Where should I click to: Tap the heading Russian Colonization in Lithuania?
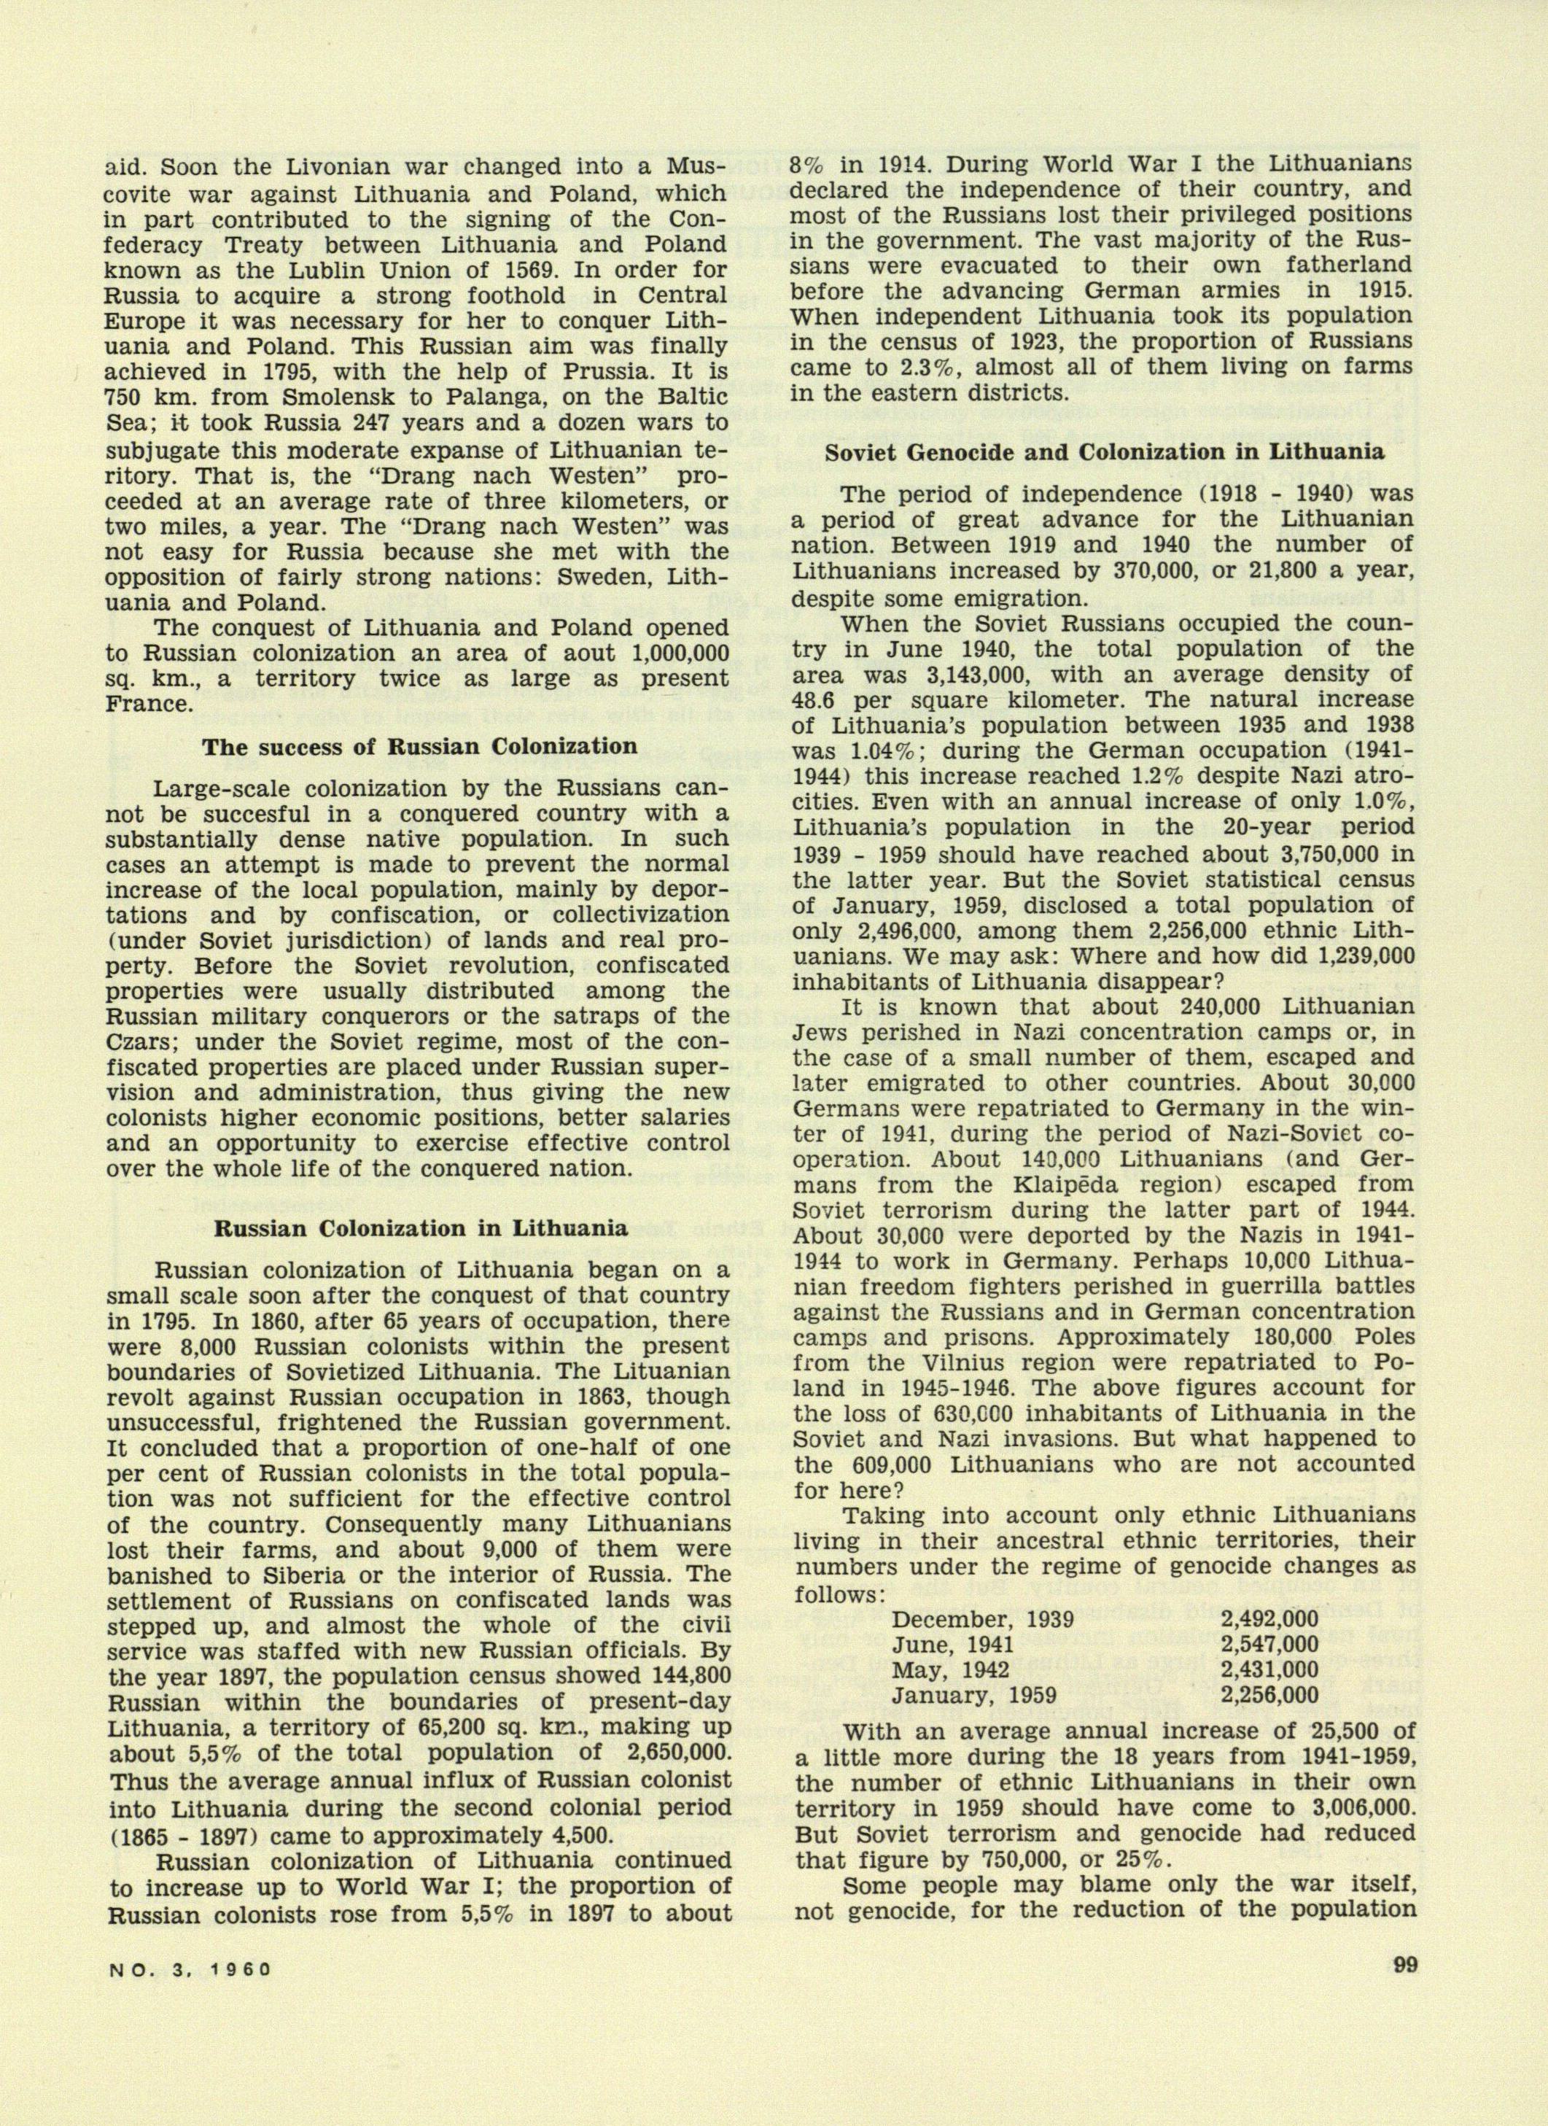(421, 1228)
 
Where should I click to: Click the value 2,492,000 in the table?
(1269, 1619)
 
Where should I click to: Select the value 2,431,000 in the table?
(1269, 1669)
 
